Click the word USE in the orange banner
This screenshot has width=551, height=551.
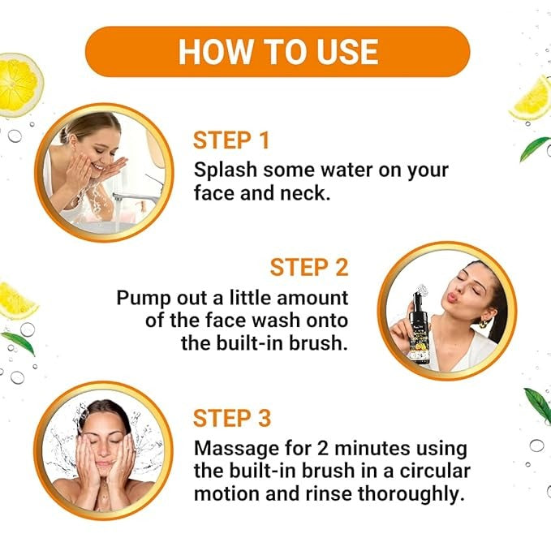coord(347,52)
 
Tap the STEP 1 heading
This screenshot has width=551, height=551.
coord(231,140)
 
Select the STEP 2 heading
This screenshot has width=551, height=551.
coord(309,268)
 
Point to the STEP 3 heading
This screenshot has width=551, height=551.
coord(232,418)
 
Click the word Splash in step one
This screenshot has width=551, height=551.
coord(226,170)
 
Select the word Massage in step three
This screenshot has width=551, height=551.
coord(232,449)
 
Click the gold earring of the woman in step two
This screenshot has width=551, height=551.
coord(484,324)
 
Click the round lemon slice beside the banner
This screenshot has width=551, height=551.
coord(19,84)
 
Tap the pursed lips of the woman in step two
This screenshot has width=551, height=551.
coord(452,297)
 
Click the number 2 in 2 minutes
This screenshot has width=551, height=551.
coord(323,449)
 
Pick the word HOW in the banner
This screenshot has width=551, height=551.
coord(215,52)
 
